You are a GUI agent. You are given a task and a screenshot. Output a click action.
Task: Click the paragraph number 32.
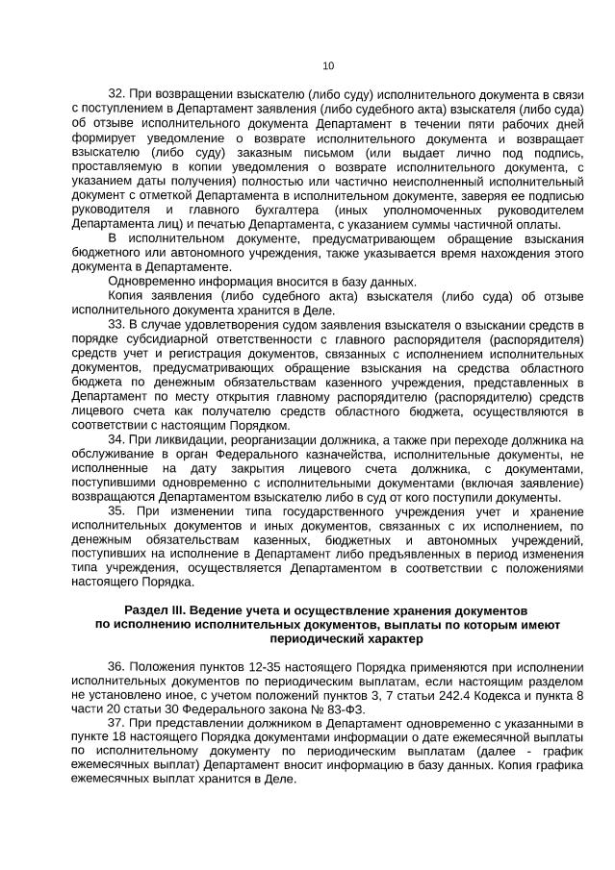pos(116,93)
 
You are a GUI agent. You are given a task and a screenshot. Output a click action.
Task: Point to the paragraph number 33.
pos(116,326)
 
